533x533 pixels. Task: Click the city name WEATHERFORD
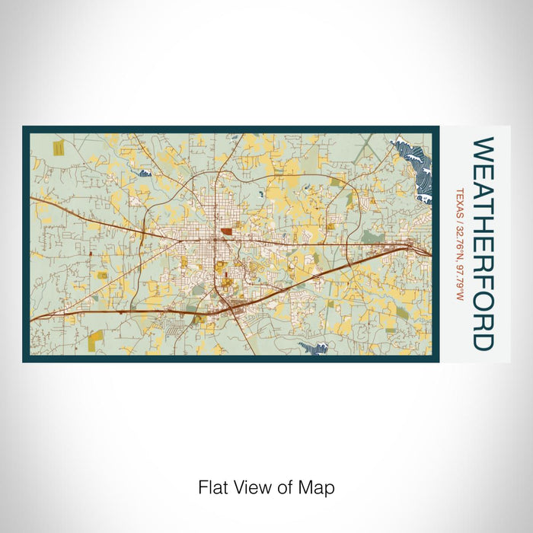coord(483,243)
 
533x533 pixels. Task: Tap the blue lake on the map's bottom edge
coord(314,348)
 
